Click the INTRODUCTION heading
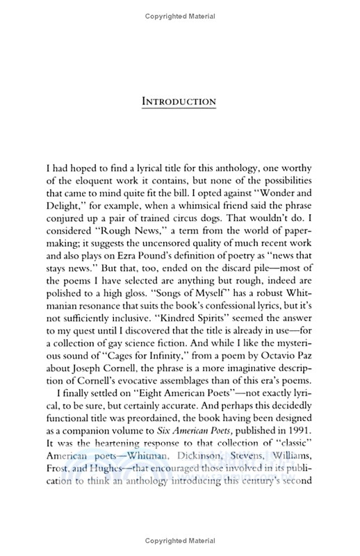coord(179,101)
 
